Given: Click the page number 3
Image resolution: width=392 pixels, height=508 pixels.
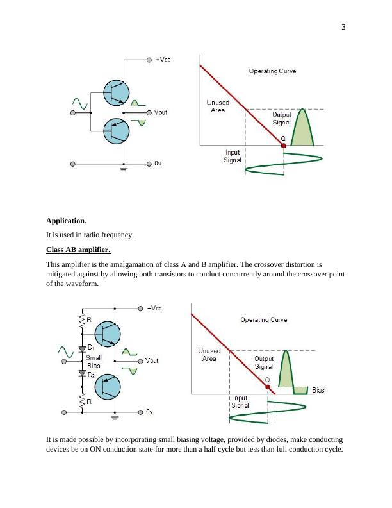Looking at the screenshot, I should [344, 27].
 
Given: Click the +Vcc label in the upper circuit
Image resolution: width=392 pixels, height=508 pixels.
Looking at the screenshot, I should [163, 59].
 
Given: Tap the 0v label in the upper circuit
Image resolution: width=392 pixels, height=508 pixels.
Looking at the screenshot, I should [158, 164].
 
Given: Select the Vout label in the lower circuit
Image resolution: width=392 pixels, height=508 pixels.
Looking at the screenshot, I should [152, 360].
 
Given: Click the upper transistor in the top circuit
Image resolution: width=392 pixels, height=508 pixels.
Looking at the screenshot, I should [116, 93].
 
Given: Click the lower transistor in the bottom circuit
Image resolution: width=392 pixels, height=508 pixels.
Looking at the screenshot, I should [107, 387].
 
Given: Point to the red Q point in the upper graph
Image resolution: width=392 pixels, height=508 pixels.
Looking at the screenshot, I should [284, 146].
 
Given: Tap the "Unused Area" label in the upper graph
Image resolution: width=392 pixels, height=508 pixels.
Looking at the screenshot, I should [218, 106].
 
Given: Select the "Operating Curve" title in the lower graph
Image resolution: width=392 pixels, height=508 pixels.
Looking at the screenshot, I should [263, 319].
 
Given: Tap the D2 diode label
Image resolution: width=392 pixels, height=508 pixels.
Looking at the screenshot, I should [92, 375].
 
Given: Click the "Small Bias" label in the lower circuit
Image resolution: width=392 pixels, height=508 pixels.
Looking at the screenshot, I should [94, 361].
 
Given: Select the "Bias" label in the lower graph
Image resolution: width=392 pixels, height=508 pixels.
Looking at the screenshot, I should [318, 390].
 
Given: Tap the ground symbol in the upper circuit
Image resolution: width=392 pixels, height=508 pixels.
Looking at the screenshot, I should [124, 169].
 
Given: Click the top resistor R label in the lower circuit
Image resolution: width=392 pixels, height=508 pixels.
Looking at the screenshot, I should [88, 319].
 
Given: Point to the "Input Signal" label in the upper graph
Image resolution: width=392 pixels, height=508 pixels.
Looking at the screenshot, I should [233, 156].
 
